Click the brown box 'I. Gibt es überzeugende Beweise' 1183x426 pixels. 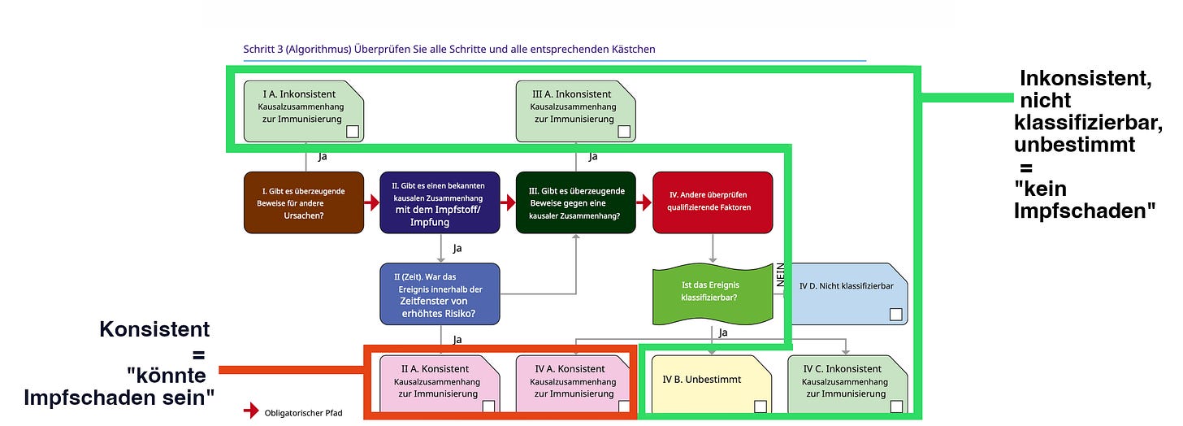(x=304, y=202)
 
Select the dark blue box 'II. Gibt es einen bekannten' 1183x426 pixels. (x=440, y=202)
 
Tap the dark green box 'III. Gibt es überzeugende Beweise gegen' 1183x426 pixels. (x=575, y=202)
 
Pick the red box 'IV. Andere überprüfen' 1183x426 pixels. (x=712, y=202)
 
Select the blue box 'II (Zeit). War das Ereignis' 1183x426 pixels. (x=440, y=294)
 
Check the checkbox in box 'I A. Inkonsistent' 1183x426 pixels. (x=353, y=132)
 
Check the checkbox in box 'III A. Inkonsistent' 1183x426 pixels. (x=624, y=132)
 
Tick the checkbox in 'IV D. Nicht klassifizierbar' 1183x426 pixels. (x=895, y=314)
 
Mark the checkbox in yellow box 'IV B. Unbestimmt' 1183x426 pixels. (x=760, y=406)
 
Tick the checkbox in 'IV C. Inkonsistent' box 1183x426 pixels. (x=895, y=406)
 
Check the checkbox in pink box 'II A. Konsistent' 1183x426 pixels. (x=488, y=406)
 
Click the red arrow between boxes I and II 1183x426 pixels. (x=372, y=203)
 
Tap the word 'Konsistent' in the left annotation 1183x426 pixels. (x=154, y=329)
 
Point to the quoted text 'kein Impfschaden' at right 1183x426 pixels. (x=1084, y=199)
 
